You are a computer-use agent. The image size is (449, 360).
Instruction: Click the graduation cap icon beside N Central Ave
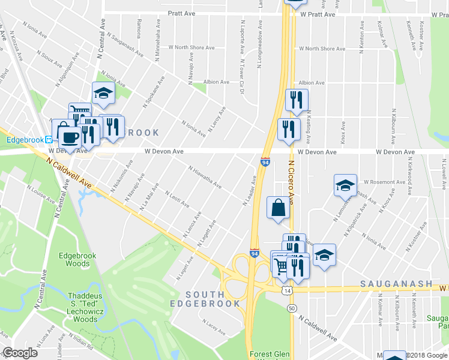coord(103,93)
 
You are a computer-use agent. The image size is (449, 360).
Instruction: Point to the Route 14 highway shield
coord(289,290)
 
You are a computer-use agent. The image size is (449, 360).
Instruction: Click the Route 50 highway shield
coord(292,308)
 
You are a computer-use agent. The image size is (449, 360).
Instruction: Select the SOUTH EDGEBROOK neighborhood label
coord(213,299)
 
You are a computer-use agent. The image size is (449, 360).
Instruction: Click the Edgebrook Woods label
coord(74,259)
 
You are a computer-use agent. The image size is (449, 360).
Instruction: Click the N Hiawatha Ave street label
coord(204,178)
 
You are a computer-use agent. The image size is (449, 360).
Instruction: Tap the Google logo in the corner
coord(20,353)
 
